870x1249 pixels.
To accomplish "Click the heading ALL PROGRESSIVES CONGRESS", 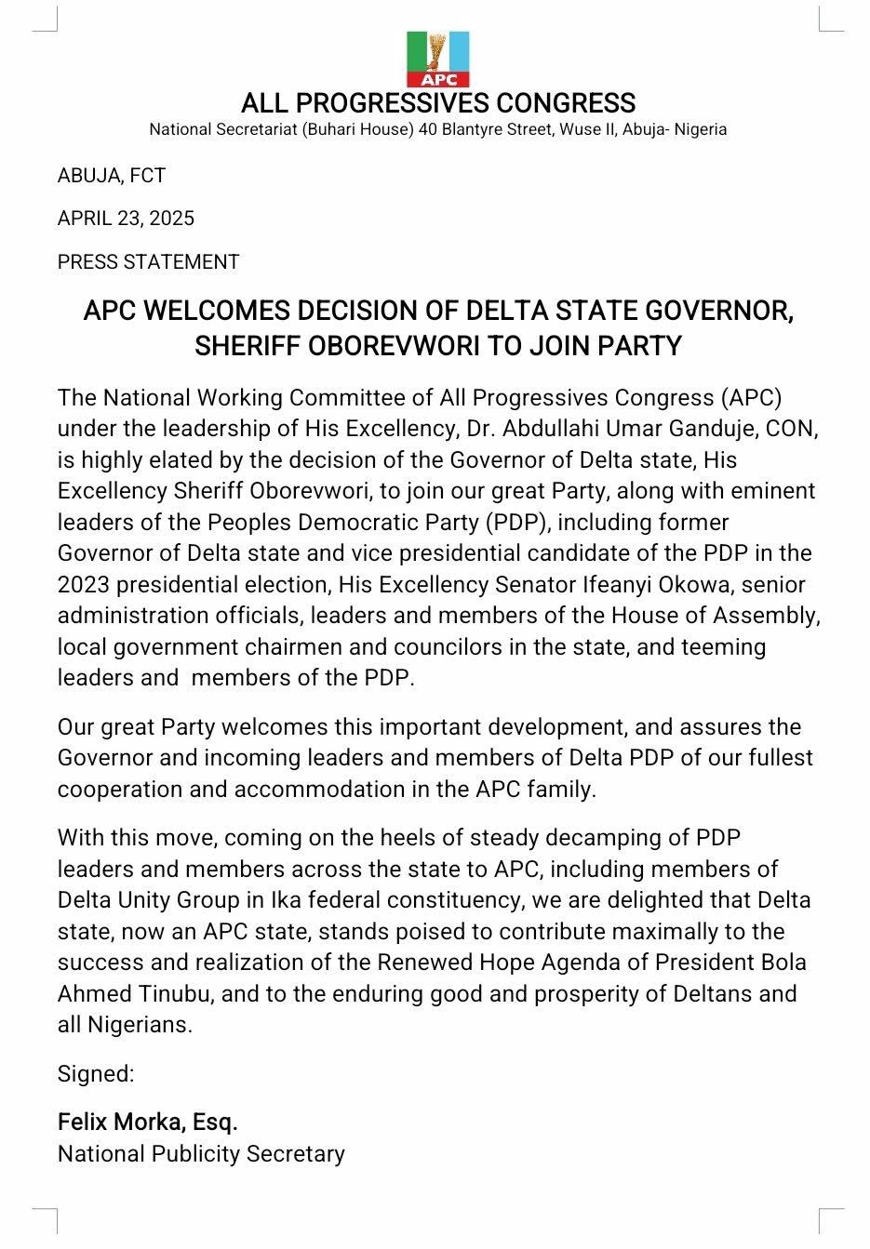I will (x=438, y=103).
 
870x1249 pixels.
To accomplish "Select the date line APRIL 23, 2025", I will (x=126, y=219).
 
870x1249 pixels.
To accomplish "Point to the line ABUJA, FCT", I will (x=112, y=176).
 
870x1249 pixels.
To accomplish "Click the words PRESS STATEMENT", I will (x=149, y=262).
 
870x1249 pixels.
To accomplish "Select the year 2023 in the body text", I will (x=83, y=585).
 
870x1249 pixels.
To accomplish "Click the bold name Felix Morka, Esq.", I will (x=148, y=1123).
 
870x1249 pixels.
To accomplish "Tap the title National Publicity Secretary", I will (x=201, y=1154).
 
